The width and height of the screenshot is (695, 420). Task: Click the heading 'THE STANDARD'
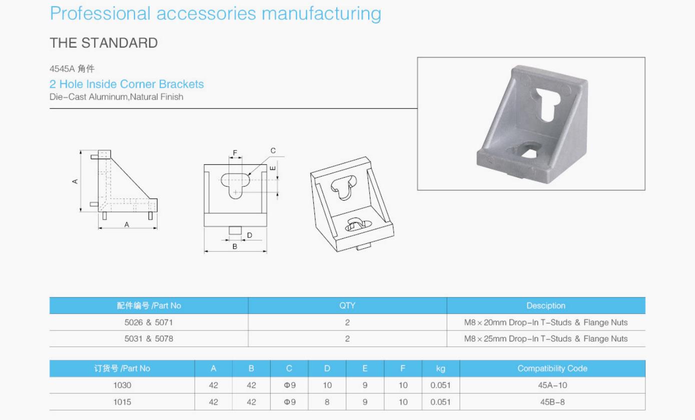click(104, 43)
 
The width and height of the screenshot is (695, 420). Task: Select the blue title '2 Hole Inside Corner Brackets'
click(127, 84)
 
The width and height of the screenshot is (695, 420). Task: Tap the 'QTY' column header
click(347, 305)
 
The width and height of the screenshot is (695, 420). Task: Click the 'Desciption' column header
click(545, 305)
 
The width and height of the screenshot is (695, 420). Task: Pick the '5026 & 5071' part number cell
click(149, 322)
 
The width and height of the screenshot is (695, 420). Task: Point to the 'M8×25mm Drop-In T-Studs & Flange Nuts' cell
click(545, 339)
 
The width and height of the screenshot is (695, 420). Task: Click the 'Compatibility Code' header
click(552, 368)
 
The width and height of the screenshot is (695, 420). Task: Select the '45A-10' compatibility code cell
click(552, 385)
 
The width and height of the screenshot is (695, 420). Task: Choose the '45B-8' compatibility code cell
click(552, 402)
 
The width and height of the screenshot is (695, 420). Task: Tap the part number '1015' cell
click(122, 402)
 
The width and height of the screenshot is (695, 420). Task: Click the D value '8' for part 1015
click(327, 402)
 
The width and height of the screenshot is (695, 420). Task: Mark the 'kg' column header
click(440, 368)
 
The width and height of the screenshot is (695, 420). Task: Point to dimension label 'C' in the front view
click(273, 151)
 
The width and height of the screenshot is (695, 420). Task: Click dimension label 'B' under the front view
click(235, 246)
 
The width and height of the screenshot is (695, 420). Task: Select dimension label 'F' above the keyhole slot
click(235, 153)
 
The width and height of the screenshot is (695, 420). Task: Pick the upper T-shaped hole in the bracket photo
click(548, 103)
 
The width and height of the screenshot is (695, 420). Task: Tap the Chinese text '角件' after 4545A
click(86, 69)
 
